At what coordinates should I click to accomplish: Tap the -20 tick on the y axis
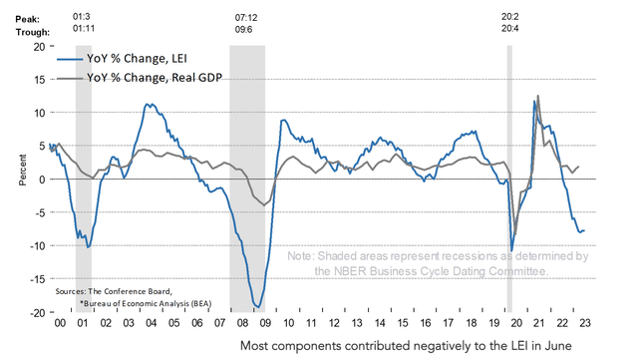[34, 313]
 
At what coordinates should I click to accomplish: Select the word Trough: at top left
[23, 31]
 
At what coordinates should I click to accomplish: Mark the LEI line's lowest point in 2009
[257, 307]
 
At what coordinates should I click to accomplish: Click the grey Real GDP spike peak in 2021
[539, 97]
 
